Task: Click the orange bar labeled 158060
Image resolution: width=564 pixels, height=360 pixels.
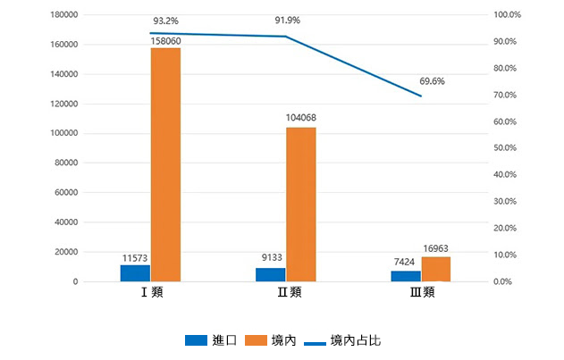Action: pyautogui.click(x=165, y=165)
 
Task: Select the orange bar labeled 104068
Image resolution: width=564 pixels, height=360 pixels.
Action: pyautogui.click(x=300, y=205)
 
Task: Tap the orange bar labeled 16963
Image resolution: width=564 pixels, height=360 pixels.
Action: pyautogui.click(x=435, y=269)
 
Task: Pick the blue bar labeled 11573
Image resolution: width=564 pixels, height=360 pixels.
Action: pyautogui.click(x=135, y=273)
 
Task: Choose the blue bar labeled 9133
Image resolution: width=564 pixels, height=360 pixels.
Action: pyautogui.click(x=270, y=275)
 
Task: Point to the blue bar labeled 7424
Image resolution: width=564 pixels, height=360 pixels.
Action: pyautogui.click(x=405, y=276)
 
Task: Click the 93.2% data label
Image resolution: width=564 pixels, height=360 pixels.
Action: pyautogui.click(x=165, y=20)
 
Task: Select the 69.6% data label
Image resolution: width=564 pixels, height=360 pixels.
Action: pyautogui.click(x=432, y=81)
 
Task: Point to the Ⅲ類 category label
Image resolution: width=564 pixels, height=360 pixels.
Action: pyautogui.click(x=421, y=292)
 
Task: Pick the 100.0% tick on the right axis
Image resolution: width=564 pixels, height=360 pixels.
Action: pyautogui.click(x=506, y=15)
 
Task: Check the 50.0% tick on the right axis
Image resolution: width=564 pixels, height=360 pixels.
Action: pyautogui.click(x=506, y=148)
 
